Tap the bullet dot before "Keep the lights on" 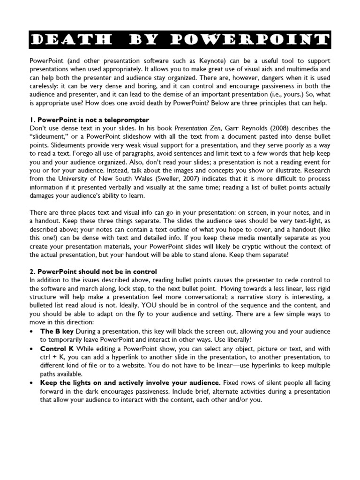[31, 383]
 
